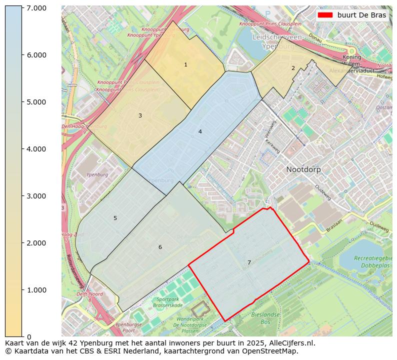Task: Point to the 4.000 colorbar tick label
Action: click(x=36, y=149)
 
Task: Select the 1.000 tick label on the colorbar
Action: click(x=36, y=290)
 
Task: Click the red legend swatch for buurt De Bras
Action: click(x=324, y=15)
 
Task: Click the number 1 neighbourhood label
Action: click(x=185, y=65)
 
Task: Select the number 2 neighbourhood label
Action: click(x=293, y=68)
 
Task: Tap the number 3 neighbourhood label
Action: click(x=140, y=116)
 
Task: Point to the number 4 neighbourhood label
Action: click(x=200, y=132)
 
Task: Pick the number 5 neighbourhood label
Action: click(x=115, y=218)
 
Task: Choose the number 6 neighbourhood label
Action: click(x=160, y=247)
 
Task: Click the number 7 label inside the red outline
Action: click(x=249, y=263)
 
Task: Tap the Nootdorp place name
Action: click(x=303, y=169)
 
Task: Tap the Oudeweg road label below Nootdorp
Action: click(x=322, y=192)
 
